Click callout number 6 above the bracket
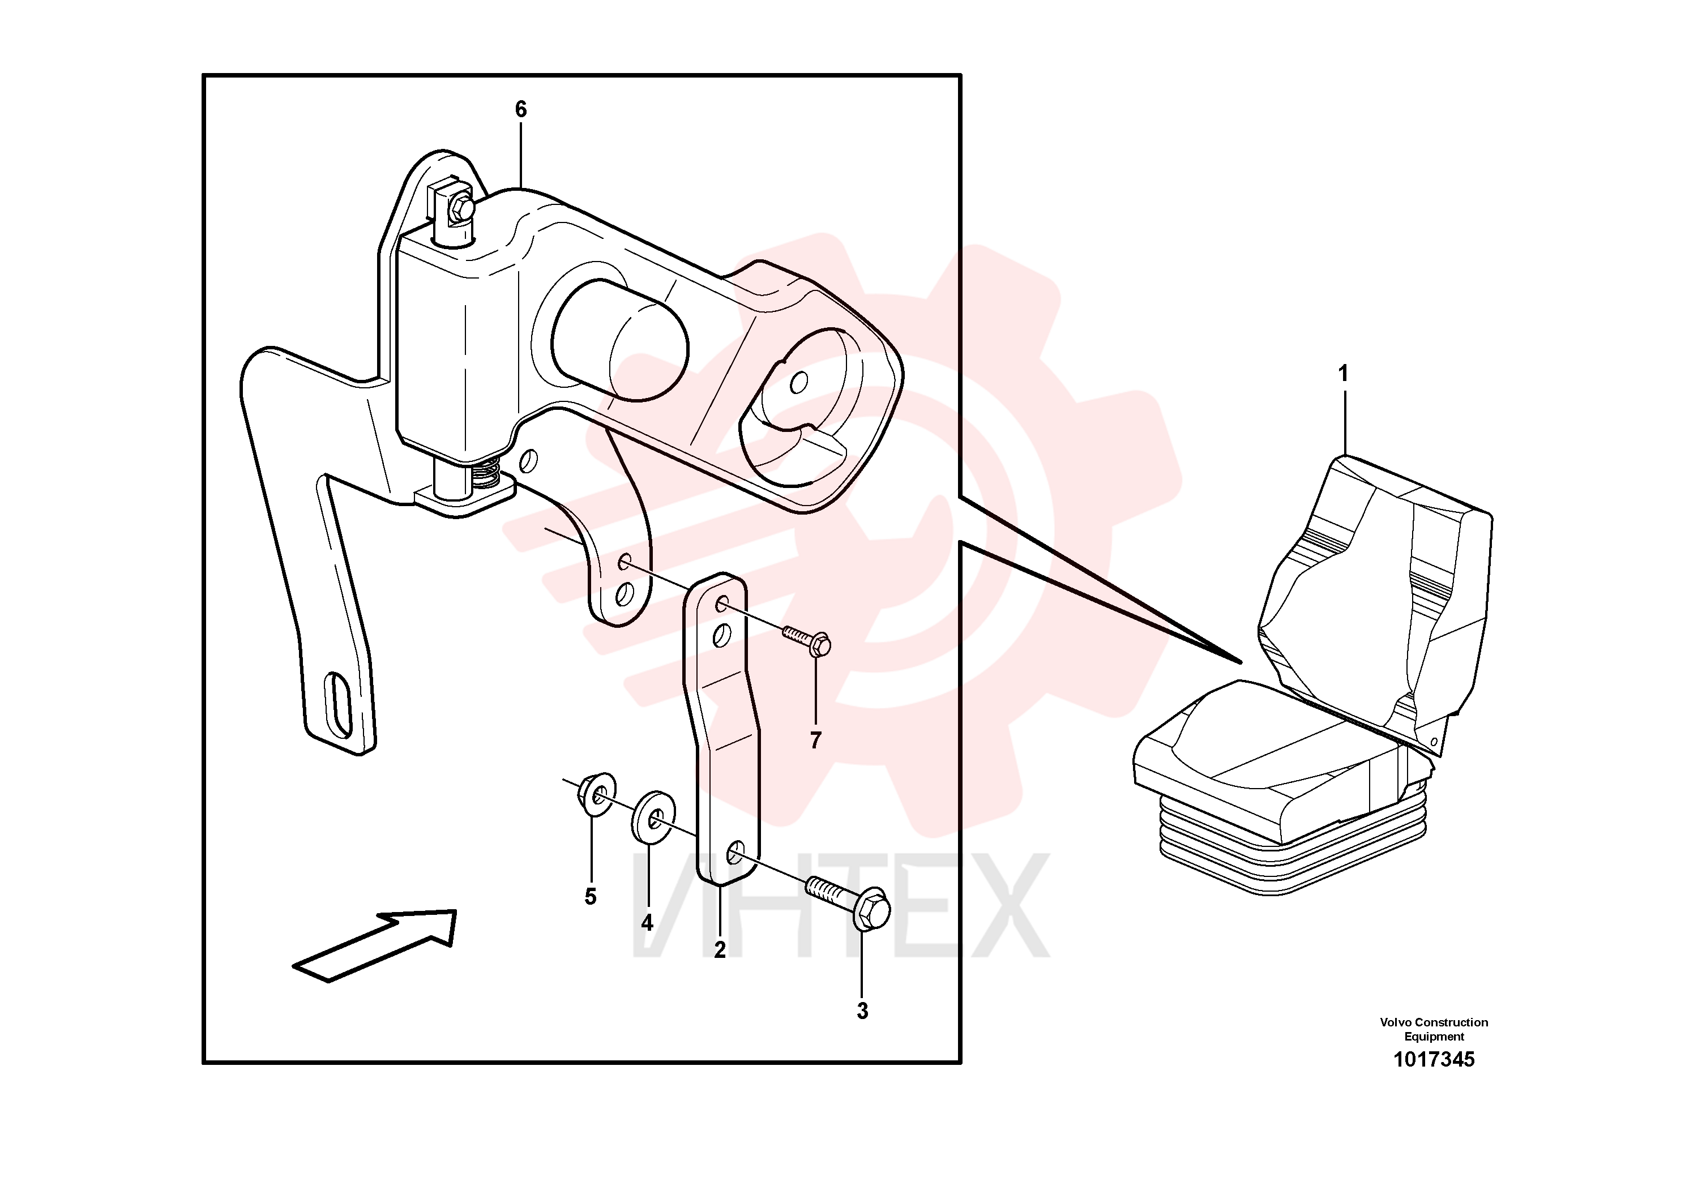(x=520, y=109)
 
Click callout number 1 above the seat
(x=1343, y=374)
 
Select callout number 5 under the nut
(x=591, y=897)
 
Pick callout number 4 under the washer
(x=647, y=922)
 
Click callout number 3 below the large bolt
(x=862, y=1011)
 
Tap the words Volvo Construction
(x=1434, y=1022)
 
